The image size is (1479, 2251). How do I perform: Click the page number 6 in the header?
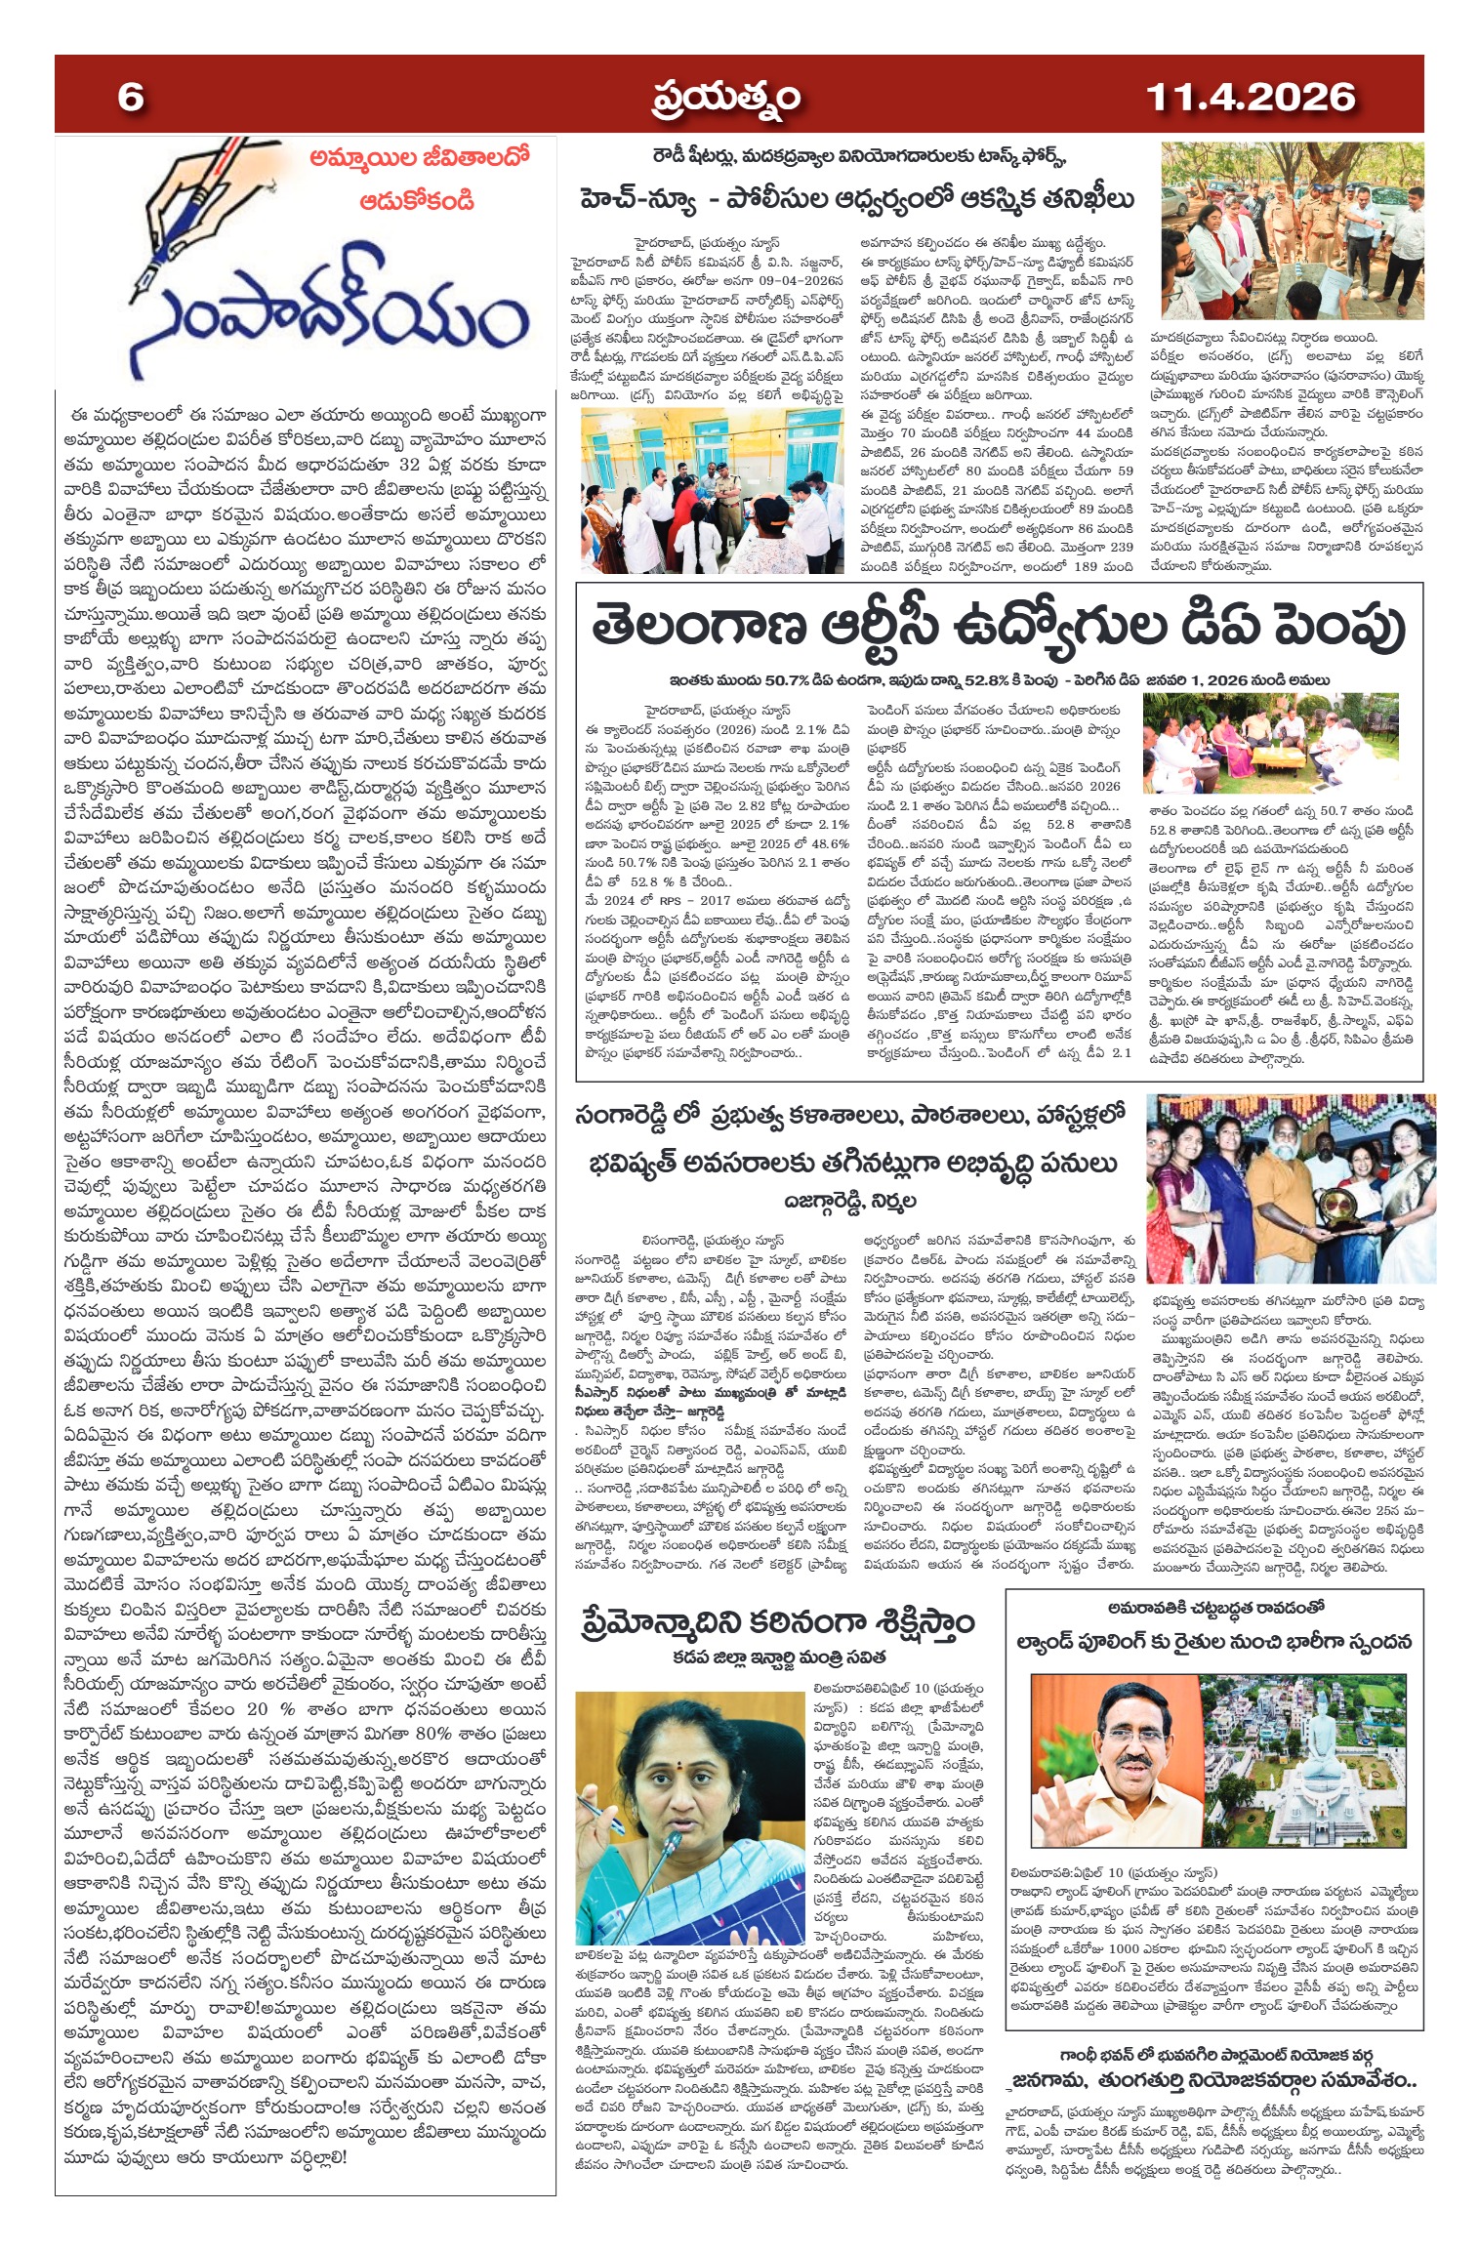pyautogui.click(x=131, y=98)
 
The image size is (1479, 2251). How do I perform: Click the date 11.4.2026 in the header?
pyautogui.click(x=1250, y=98)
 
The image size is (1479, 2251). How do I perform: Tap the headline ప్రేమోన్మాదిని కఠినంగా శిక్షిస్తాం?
pyautogui.click(x=778, y=1622)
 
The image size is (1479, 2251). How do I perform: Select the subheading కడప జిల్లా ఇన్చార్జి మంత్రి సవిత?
pyautogui.click(x=778, y=1658)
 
